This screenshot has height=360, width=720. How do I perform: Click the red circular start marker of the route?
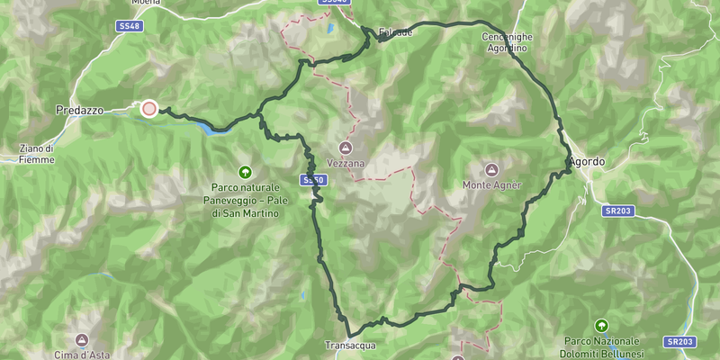point(149,108)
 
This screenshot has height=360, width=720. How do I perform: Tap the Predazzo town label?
point(79,109)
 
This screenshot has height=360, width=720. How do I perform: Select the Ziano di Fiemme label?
point(36,154)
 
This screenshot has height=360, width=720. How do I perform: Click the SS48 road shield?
point(131,27)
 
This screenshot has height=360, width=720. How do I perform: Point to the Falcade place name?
point(396,32)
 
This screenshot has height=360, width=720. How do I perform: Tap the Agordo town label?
point(588,162)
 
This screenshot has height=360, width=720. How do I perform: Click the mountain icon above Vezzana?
point(345,147)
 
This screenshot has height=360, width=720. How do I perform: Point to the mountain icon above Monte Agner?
point(491,169)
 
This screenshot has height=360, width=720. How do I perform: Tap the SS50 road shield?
point(312,180)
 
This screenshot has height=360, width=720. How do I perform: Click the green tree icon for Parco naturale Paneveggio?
point(244,171)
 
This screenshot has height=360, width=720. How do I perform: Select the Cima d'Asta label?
point(82,355)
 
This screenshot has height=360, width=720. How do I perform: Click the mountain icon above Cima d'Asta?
point(82,339)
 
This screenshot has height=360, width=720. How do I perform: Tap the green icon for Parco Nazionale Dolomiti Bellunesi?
point(601,325)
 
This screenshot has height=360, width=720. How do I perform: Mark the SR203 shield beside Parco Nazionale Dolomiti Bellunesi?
point(680,342)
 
